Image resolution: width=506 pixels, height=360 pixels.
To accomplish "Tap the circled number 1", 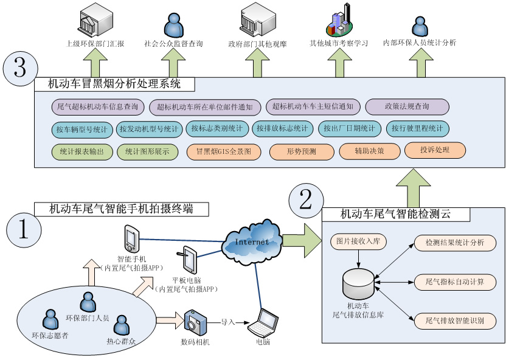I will pyautogui.click(x=24, y=229).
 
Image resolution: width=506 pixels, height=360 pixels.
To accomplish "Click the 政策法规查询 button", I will pyautogui.click(x=407, y=107).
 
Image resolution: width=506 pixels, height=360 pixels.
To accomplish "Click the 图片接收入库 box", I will pyautogui.click(x=358, y=241).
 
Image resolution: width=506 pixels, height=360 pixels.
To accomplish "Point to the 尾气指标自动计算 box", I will pyautogui.click(x=454, y=281).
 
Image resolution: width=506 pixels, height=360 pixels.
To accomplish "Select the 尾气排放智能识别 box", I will pyautogui.click(x=454, y=320).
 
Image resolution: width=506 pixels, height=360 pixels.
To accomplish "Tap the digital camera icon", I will pyautogui.click(x=195, y=320).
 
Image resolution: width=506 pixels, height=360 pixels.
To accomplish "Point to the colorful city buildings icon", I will pyautogui.click(x=339, y=21).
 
